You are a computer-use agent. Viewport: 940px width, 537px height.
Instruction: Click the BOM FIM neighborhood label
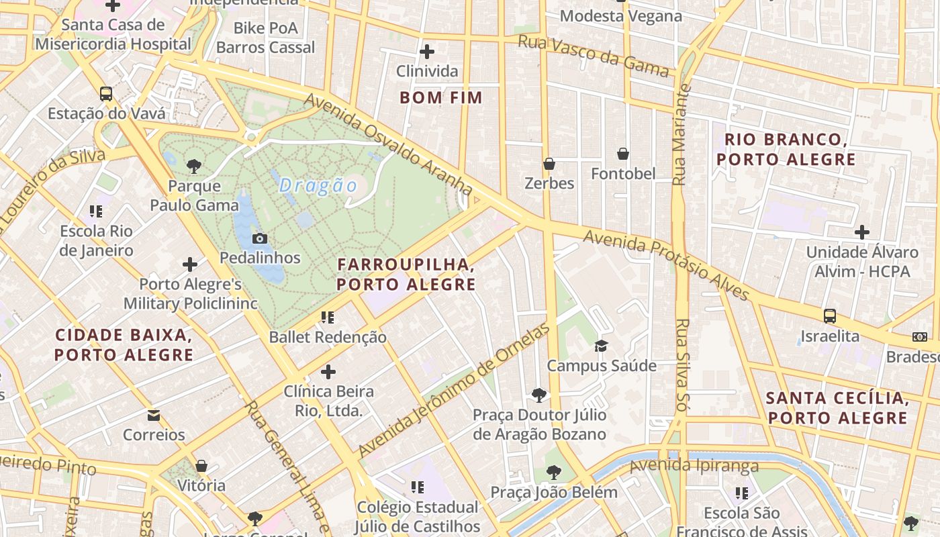coord(441,98)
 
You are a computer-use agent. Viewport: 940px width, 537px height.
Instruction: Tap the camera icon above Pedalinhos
coord(260,238)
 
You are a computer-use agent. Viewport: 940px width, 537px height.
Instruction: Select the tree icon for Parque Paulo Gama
coord(194,166)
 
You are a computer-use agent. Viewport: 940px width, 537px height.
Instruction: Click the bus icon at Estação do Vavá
coord(106,94)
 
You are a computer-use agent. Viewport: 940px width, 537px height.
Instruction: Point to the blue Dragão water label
coord(318,185)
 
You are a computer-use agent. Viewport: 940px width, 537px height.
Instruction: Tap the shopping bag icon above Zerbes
coord(549,164)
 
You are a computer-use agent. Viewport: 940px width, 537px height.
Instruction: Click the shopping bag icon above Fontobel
coord(623,154)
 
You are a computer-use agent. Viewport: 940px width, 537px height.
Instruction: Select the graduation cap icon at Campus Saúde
coord(600,346)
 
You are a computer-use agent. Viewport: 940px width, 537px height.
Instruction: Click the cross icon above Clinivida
coord(426,52)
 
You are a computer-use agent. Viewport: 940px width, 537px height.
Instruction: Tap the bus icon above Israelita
coord(830,316)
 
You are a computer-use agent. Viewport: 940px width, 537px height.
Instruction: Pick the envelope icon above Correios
coord(154,416)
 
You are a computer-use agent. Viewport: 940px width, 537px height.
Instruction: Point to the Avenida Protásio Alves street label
coord(666,266)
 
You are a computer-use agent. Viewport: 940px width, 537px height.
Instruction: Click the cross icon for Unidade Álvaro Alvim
coord(862,233)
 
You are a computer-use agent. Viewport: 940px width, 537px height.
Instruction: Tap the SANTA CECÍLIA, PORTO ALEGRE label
coord(838,408)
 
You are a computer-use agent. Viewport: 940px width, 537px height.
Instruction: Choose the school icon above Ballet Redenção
coord(328,318)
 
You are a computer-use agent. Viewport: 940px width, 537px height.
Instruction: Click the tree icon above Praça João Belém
coord(553,473)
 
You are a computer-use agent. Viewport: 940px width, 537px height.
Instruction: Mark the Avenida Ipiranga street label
coord(694,465)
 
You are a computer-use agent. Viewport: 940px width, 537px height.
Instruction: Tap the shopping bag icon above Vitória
coord(201,466)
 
